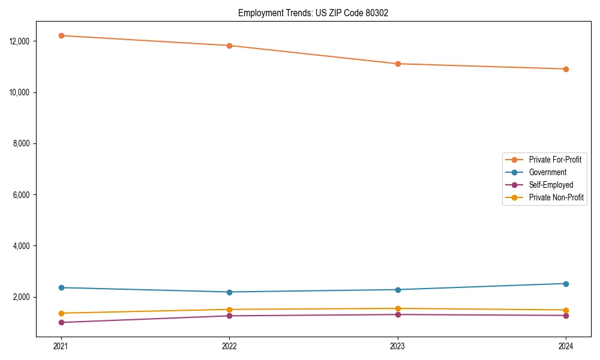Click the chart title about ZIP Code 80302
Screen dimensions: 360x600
click(x=313, y=13)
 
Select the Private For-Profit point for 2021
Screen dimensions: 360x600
click(x=61, y=35)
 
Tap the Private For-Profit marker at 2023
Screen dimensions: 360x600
click(x=398, y=64)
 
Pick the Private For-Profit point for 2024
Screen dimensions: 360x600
click(x=566, y=69)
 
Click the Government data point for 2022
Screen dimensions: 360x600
click(x=229, y=292)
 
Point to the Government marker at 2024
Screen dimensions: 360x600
click(x=566, y=284)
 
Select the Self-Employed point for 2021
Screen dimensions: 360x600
click(x=61, y=322)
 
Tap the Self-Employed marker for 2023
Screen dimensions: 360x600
click(x=398, y=314)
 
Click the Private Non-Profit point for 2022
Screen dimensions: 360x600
click(x=229, y=310)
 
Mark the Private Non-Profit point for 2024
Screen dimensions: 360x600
click(x=566, y=310)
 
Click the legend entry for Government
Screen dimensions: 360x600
click(x=547, y=172)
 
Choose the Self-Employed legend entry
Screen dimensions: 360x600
click(x=551, y=185)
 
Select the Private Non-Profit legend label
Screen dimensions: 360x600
click(x=556, y=197)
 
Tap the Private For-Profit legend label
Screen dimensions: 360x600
click(x=555, y=160)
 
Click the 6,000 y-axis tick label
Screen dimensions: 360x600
click(x=28, y=195)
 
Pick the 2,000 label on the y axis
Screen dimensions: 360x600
click(x=28, y=298)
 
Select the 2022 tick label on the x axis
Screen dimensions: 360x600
click(x=229, y=346)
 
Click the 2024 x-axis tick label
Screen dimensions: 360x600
click(x=566, y=346)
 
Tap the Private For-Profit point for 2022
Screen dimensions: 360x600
click(x=229, y=46)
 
